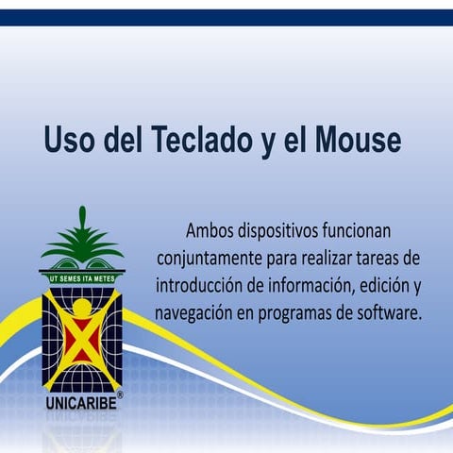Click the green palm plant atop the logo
pyautogui.click(x=81, y=241)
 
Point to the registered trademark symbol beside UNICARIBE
pyautogui.click(x=120, y=394)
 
